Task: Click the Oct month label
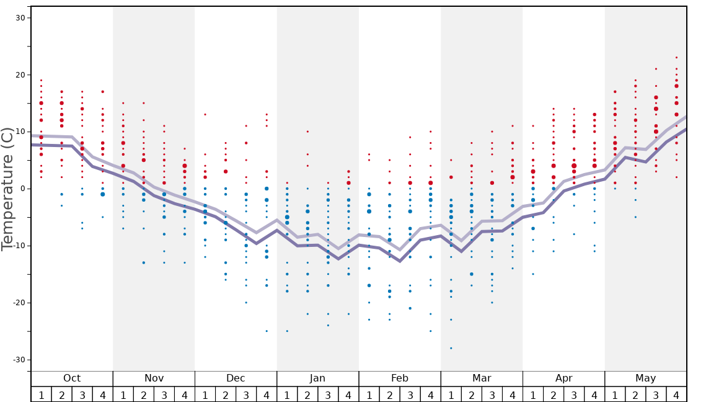pyautogui.click(x=72, y=378)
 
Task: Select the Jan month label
pyautogui.click(x=317, y=378)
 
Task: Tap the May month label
pyautogui.click(x=645, y=378)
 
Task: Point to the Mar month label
pyautogui.click(x=482, y=378)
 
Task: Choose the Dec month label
pyautogui.click(x=236, y=378)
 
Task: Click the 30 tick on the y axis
pyautogui.click(x=20, y=17)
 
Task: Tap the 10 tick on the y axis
pyautogui.click(x=20, y=132)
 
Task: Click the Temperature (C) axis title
pyautogui.click(x=7, y=189)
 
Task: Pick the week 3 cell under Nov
pyautogui.click(x=164, y=395)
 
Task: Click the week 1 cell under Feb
pyautogui.click(x=369, y=395)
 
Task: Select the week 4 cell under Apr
pyautogui.click(x=594, y=395)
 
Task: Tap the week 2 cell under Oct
pyautogui.click(x=61, y=395)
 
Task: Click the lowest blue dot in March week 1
pyautogui.click(x=451, y=348)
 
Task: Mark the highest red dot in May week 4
pyautogui.click(x=676, y=57)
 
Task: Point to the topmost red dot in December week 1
pyautogui.click(x=205, y=114)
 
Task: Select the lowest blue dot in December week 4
pyautogui.click(x=267, y=331)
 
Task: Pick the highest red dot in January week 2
pyautogui.click(x=307, y=132)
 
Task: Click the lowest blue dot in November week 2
pyautogui.click(x=144, y=262)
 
